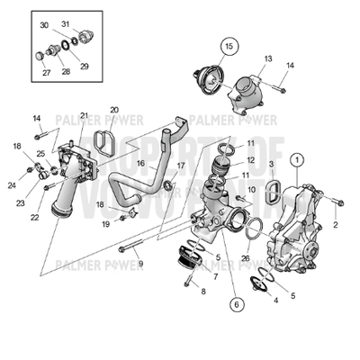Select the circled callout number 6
(236, 304)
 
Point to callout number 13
(267, 58)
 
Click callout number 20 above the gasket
(114, 110)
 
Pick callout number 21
(83, 116)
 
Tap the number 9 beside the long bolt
(140, 263)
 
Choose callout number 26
(246, 258)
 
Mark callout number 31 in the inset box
(65, 22)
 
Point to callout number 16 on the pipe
(140, 165)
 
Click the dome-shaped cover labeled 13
(244, 91)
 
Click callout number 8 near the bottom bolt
(203, 292)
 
